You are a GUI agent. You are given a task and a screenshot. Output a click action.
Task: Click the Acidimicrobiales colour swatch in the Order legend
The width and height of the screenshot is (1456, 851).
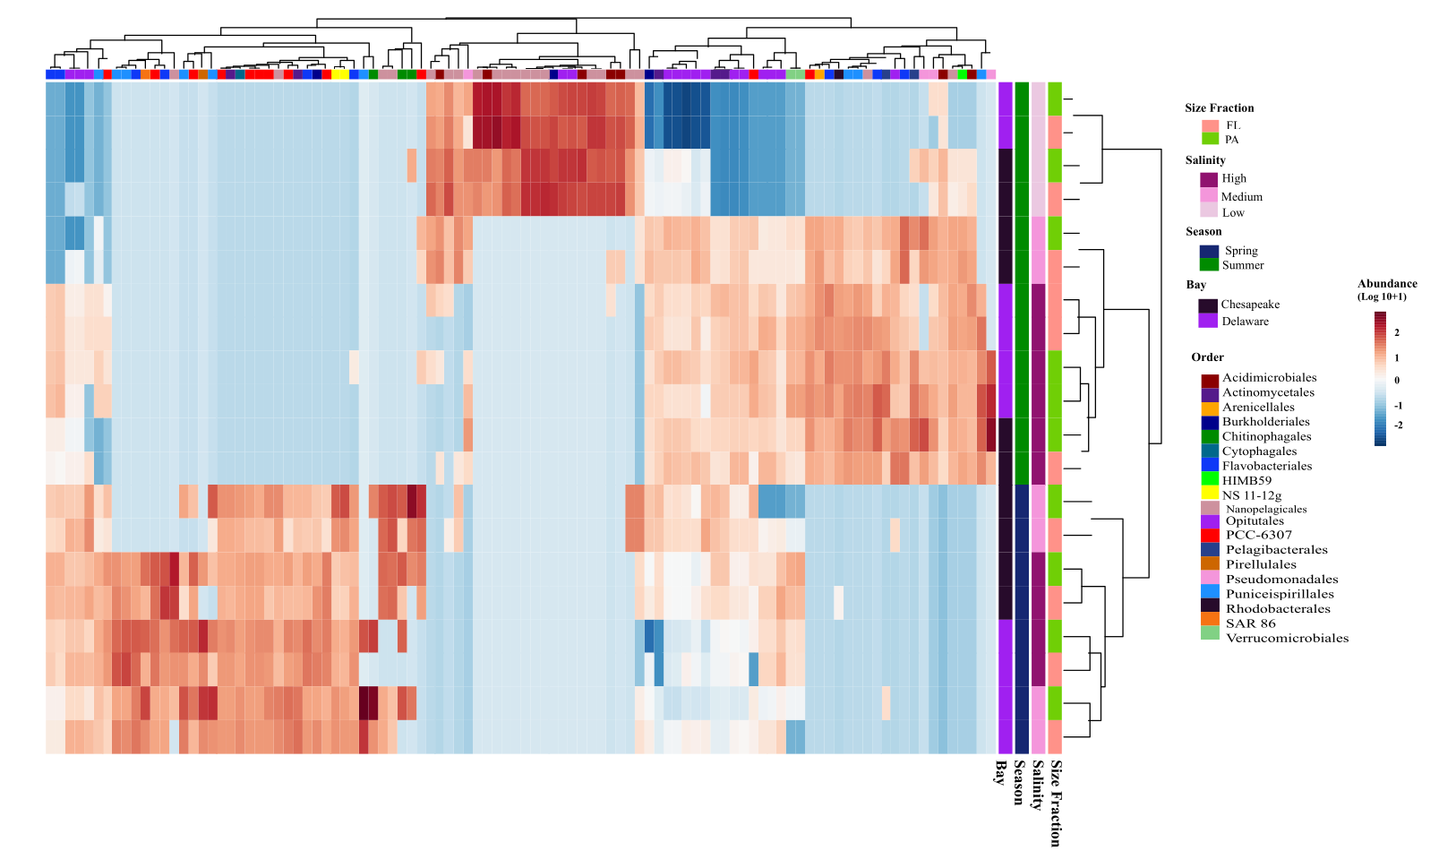[1210, 380]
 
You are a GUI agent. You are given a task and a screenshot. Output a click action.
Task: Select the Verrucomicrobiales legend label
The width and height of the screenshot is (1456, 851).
[1287, 638]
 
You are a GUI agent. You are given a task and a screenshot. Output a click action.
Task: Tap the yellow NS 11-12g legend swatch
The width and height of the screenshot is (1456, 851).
[1210, 494]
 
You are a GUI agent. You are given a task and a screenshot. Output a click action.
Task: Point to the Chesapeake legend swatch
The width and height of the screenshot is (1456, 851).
[1208, 305]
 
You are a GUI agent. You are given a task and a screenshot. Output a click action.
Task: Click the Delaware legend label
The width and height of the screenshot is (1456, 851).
[1245, 322]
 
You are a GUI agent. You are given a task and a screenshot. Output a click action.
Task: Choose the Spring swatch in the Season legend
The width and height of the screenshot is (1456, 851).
[1209, 252]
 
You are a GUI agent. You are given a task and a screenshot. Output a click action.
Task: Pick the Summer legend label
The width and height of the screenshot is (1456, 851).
[1243, 265]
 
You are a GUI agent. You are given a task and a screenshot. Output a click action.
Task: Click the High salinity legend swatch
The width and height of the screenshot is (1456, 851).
[1209, 179]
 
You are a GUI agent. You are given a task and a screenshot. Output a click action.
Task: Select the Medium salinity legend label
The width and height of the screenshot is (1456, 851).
[1241, 197]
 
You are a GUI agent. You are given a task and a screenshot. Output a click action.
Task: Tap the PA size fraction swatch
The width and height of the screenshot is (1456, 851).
[1210, 139]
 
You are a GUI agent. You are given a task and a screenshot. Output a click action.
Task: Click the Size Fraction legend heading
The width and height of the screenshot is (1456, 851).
[1219, 108]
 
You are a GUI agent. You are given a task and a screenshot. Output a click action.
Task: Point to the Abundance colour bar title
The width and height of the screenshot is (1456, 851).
[1387, 284]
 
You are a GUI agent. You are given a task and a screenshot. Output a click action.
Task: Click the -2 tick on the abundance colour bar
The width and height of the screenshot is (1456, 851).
[1398, 425]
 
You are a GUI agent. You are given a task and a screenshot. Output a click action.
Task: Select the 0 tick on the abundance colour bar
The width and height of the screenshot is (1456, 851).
[1397, 381]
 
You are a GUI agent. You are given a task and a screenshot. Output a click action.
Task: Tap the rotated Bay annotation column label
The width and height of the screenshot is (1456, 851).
[1001, 772]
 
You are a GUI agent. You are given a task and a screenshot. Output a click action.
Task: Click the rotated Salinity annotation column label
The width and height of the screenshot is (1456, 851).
[1038, 785]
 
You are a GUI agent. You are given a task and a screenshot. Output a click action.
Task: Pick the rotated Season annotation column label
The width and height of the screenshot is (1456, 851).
[1019, 782]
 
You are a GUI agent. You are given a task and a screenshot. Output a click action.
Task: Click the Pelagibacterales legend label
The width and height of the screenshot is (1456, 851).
[1276, 550]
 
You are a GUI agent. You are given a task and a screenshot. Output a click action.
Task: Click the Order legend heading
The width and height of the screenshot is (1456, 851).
[1207, 357]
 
